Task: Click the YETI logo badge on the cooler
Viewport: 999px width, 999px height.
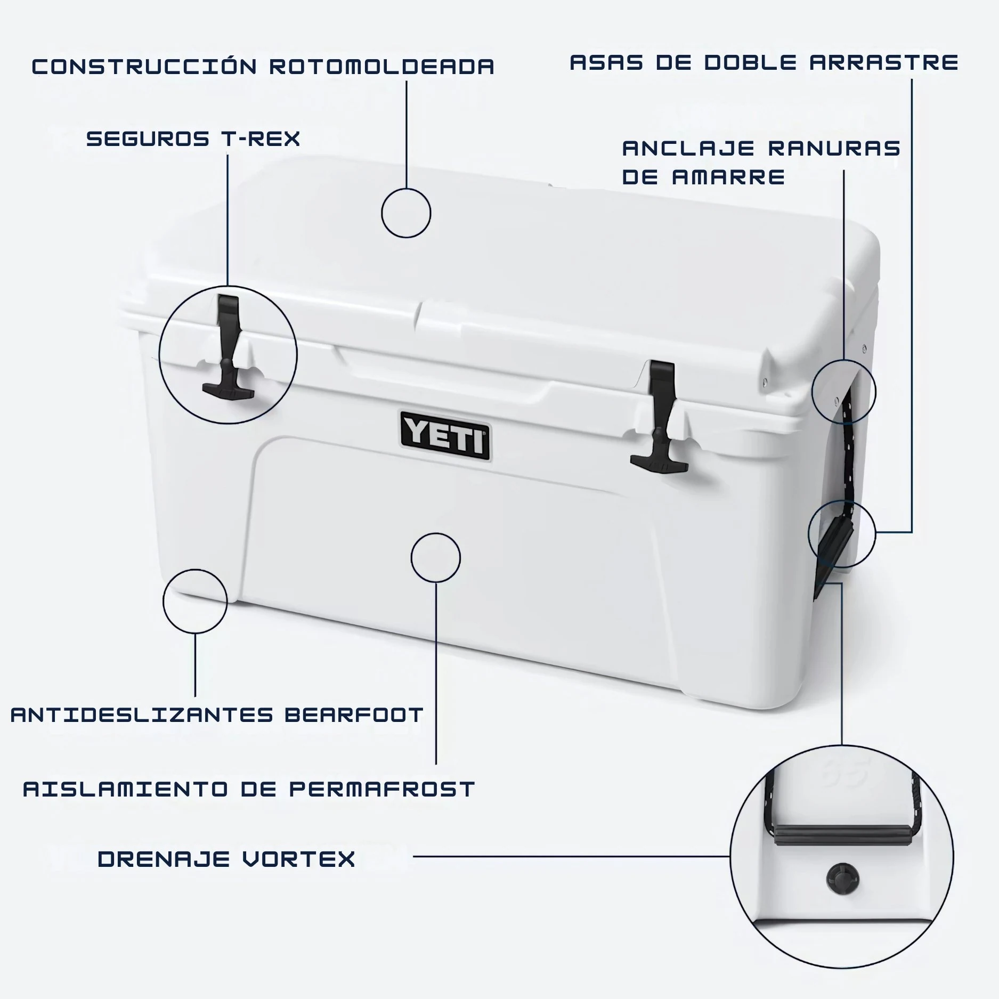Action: coord(445,435)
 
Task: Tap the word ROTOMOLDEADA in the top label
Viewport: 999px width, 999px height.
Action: coord(381,67)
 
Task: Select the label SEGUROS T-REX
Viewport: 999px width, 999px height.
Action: coord(193,139)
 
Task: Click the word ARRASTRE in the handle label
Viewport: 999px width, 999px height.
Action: coord(884,62)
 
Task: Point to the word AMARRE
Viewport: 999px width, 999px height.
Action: coord(728,177)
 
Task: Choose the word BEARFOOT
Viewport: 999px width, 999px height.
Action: coord(354,714)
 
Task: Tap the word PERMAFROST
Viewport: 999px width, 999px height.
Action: coord(381,789)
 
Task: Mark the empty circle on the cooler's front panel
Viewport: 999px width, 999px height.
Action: coord(436,533)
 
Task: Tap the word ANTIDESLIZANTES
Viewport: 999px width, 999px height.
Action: coord(142,714)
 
